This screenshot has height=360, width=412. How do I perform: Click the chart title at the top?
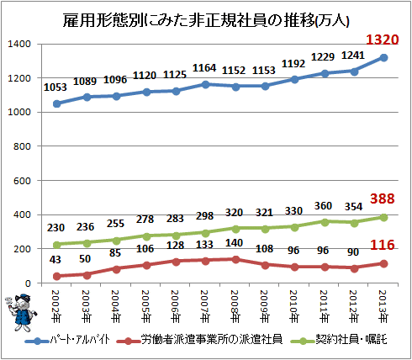pos(206,20)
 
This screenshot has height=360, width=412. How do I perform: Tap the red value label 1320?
pos(383,40)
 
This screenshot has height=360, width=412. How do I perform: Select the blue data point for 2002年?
pos(56,103)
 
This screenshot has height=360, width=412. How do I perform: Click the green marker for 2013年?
pos(383,217)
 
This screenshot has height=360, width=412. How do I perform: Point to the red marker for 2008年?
pos(235,259)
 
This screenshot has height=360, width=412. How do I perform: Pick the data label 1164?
pos(204,68)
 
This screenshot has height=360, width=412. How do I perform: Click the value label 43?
pos(55,260)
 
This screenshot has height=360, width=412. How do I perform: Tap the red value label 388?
pos(383,199)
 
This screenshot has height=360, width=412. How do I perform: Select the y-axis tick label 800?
pos(22,146)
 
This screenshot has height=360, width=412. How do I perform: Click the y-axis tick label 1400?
pos(19,44)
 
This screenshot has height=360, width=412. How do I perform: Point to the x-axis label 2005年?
pos(145,306)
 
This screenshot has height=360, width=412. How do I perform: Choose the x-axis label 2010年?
pos(293,306)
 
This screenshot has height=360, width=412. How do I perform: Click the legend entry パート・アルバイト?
pos(67,340)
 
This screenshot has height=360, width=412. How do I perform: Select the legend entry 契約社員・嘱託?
pos(339,340)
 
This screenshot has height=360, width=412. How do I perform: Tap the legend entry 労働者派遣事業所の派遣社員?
pos(199,340)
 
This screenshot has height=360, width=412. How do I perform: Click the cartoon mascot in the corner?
pos(21,312)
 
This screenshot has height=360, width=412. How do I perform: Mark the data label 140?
pos(234,243)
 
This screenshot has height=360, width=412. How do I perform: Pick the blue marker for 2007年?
pos(205,84)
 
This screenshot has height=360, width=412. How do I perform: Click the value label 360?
pos(323,206)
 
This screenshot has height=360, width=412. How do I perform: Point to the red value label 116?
pos(383,245)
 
